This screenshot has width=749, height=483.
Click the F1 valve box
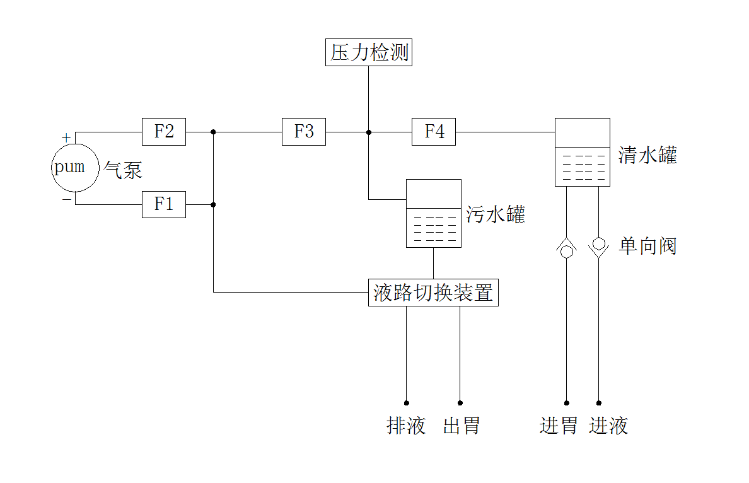point(164,204)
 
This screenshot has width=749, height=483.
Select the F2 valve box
point(164,132)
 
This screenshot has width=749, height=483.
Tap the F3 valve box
point(304,132)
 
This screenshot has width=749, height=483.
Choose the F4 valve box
point(434,132)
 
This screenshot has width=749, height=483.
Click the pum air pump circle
point(75,168)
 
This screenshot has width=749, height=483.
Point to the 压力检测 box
point(369,52)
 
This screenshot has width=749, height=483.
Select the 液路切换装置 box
point(433,293)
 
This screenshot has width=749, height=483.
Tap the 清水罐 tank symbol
point(582,152)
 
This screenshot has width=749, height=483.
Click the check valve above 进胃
point(566,248)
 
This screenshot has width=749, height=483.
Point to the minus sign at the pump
point(66,199)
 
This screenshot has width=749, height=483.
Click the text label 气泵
point(123,170)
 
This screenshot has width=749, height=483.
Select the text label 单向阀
point(647,246)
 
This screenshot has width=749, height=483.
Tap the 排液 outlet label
point(406,426)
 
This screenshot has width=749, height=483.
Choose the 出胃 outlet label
point(461,426)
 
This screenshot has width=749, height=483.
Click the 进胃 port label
point(559,426)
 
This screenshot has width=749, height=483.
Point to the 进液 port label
point(608,426)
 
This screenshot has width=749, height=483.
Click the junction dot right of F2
point(213,132)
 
